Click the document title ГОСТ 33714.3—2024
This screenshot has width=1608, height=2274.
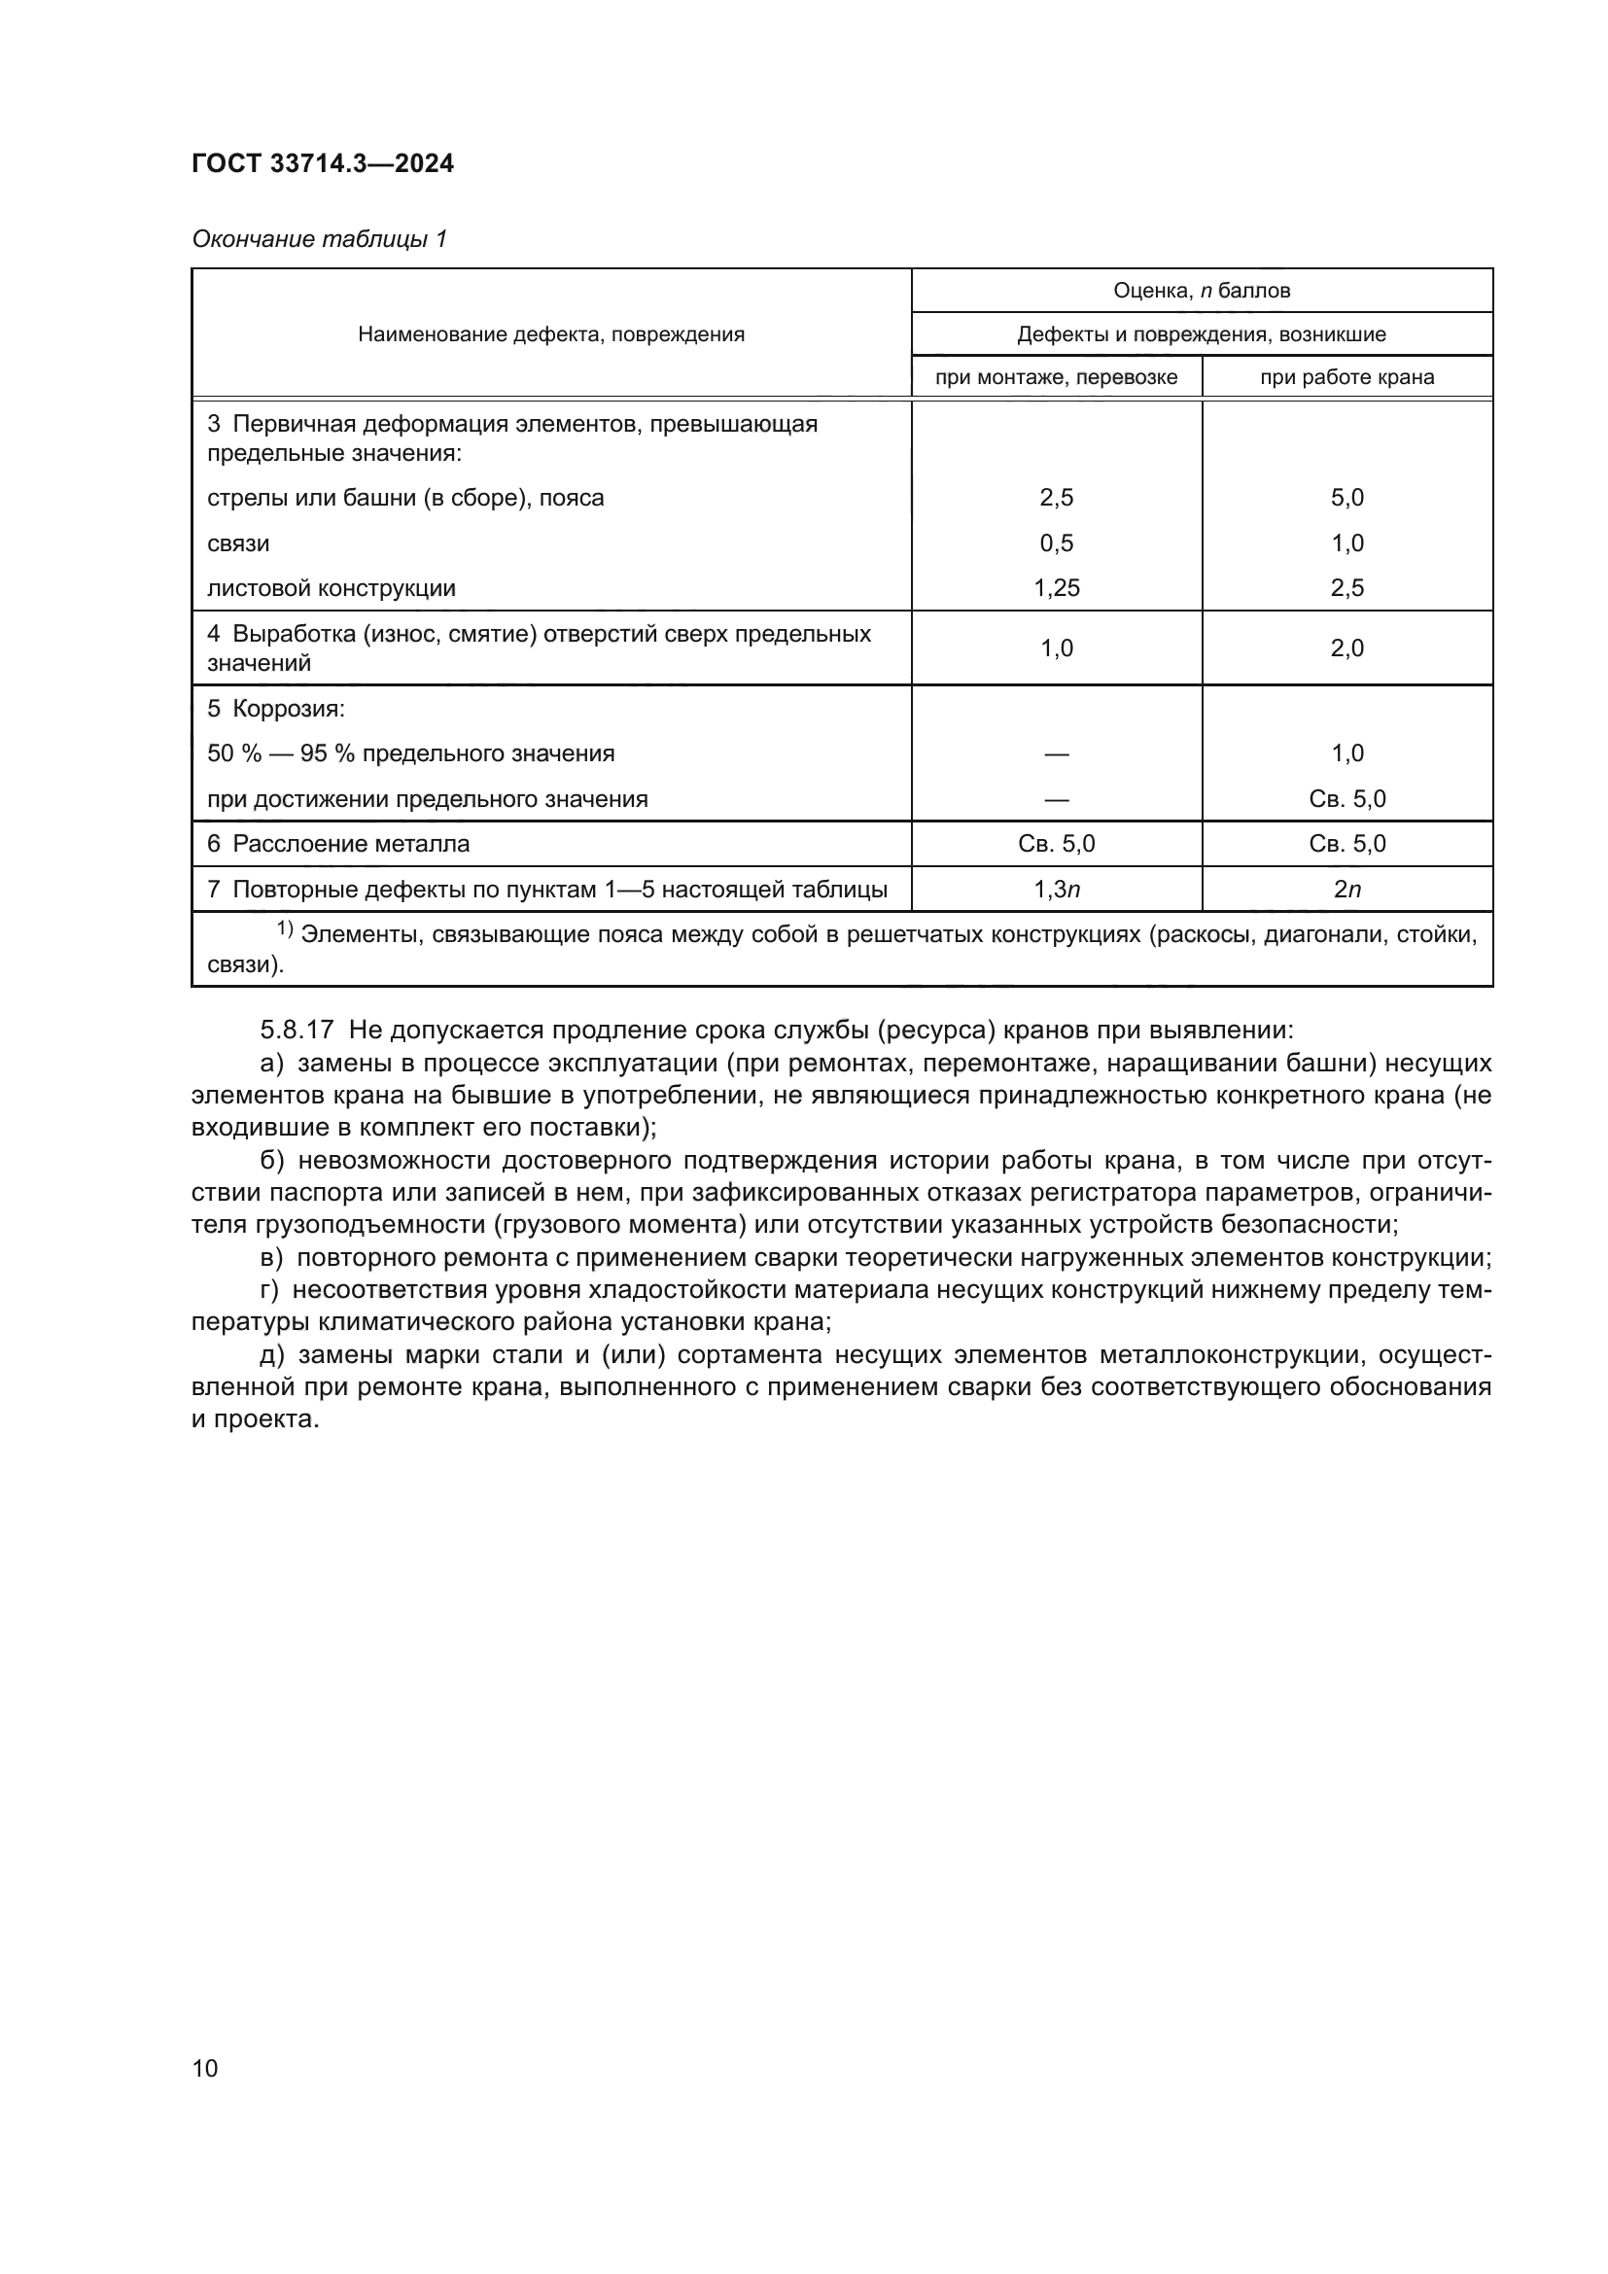pyautogui.click(x=323, y=163)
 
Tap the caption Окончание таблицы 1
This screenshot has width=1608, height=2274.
pyautogui.click(x=319, y=239)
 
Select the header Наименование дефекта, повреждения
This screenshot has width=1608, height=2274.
pyautogui.click(x=550, y=334)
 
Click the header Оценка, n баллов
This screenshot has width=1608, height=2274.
pyautogui.click(x=1201, y=290)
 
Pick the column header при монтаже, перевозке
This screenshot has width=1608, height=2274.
pyautogui.click(x=1056, y=377)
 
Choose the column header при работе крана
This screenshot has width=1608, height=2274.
pyautogui.click(x=1346, y=377)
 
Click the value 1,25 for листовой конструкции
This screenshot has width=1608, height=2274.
pyautogui.click(x=1056, y=588)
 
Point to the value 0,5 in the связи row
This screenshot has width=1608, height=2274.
pyautogui.click(x=1056, y=542)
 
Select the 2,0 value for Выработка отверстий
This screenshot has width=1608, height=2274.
pyautogui.click(x=1346, y=647)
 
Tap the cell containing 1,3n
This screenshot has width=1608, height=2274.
pyautogui.click(x=1056, y=890)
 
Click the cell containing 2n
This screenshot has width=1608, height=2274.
pyautogui.click(x=1346, y=890)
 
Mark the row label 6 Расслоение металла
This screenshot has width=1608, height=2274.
pyautogui.click(x=337, y=844)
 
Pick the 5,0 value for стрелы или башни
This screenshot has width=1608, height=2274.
pyautogui.click(x=1346, y=497)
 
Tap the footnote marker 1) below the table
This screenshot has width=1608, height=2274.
pyautogui.click(x=284, y=929)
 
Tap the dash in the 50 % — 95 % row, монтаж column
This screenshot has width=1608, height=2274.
pyautogui.click(x=1056, y=753)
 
